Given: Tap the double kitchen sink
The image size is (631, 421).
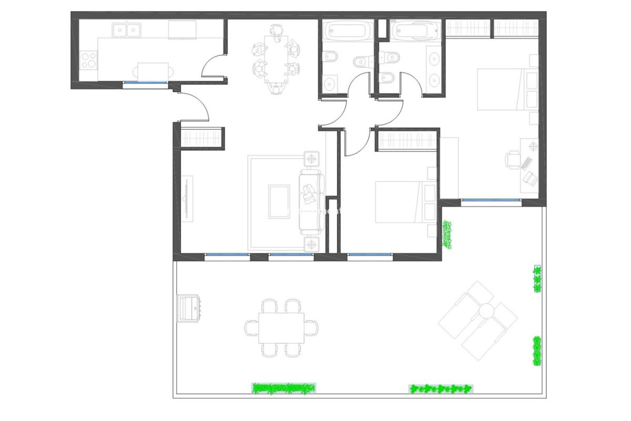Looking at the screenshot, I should [x=126, y=30].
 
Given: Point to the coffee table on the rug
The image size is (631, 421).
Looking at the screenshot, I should [x=279, y=202].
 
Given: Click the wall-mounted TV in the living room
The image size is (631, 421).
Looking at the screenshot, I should [x=186, y=199].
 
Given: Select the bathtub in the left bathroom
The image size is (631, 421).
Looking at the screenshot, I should [x=347, y=30].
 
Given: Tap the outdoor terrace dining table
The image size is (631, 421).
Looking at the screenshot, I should [x=281, y=328].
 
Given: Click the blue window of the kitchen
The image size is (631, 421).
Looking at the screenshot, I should [x=145, y=82].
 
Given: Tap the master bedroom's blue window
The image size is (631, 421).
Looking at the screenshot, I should [x=491, y=200].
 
